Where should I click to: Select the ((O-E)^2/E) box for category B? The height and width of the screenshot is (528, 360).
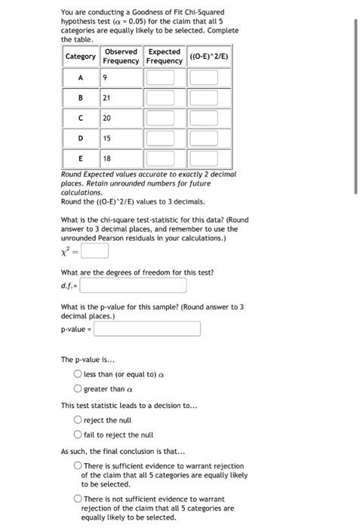click(x=203, y=97)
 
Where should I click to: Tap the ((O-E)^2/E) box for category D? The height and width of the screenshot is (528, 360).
click(x=203, y=138)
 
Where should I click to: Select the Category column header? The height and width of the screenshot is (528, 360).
click(x=80, y=57)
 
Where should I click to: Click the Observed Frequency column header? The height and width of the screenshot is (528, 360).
click(x=121, y=57)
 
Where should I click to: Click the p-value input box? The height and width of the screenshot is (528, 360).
click(x=147, y=329)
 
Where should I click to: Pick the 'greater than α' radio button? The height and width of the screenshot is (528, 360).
click(x=78, y=388)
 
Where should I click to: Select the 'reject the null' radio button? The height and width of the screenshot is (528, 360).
click(x=78, y=419)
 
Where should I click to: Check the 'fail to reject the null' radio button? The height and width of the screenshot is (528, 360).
click(x=78, y=434)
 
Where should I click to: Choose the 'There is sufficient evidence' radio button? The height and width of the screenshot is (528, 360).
click(x=78, y=466)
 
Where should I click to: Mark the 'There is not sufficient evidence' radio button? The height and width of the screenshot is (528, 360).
click(x=78, y=499)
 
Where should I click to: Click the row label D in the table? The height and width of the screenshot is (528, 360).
click(x=80, y=138)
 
